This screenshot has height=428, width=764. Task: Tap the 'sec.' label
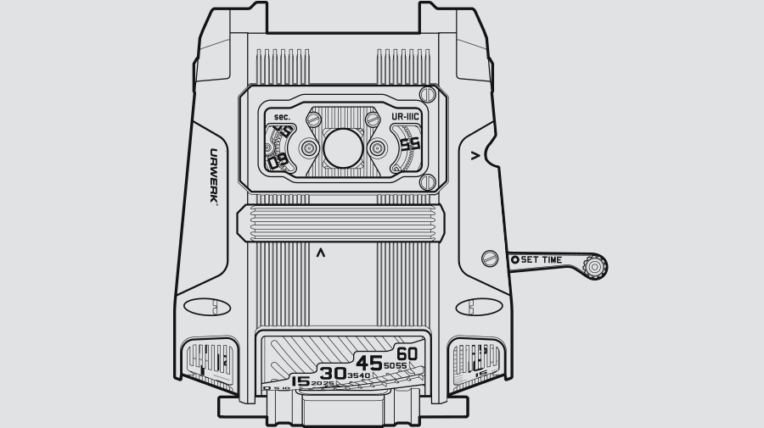tap(282, 116)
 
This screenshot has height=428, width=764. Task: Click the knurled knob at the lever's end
tap(595, 268)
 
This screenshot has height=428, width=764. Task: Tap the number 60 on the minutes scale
tap(407, 353)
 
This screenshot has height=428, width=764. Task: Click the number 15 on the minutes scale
tap(300, 382)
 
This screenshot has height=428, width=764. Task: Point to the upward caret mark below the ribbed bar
tap(320, 253)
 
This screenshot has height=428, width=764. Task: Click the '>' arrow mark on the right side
tap(475, 155)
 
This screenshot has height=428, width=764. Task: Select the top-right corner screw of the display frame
tap(429, 95)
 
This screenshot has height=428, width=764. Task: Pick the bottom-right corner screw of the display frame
tap(429, 180)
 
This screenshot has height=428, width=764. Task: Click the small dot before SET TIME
tap(514, 259)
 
